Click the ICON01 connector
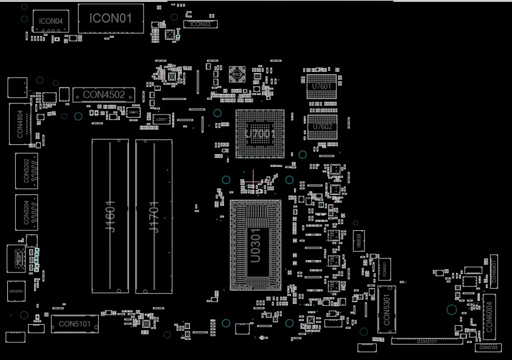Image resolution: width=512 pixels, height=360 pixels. (111, 18)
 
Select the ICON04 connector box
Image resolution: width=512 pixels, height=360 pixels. (51, 21)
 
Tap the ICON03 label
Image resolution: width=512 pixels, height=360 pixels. (200, 24)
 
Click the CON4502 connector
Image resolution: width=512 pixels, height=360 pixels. (104, 94)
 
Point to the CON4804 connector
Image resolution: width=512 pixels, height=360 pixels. (20, 124)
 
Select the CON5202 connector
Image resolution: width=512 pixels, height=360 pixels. (26, 171)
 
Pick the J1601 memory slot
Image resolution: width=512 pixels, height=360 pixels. (110, 216)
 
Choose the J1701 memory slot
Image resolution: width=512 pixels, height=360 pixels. (153, 216)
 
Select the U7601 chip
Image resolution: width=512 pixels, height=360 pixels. (322, 86)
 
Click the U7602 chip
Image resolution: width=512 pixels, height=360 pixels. (322, 126)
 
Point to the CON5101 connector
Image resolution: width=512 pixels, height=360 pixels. (74, 324)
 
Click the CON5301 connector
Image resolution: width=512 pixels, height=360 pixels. (386, 309)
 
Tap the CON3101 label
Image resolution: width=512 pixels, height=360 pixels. (426, 341)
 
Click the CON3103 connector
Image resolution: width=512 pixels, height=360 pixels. (488, 347)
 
